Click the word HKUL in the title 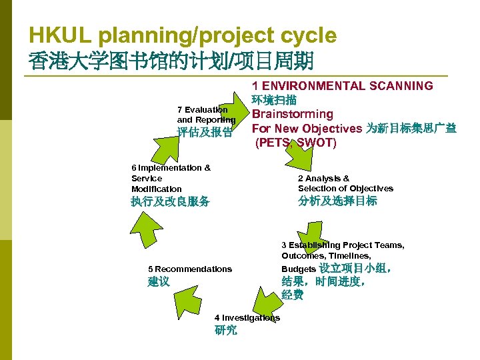(55, 35)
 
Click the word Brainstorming (292, 114)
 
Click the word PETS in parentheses (274, 143)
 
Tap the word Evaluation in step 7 (207, 109)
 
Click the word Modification (156, 189)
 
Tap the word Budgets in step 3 (299, 269)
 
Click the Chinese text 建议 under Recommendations (159, 282)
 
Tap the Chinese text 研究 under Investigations (226, 330)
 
